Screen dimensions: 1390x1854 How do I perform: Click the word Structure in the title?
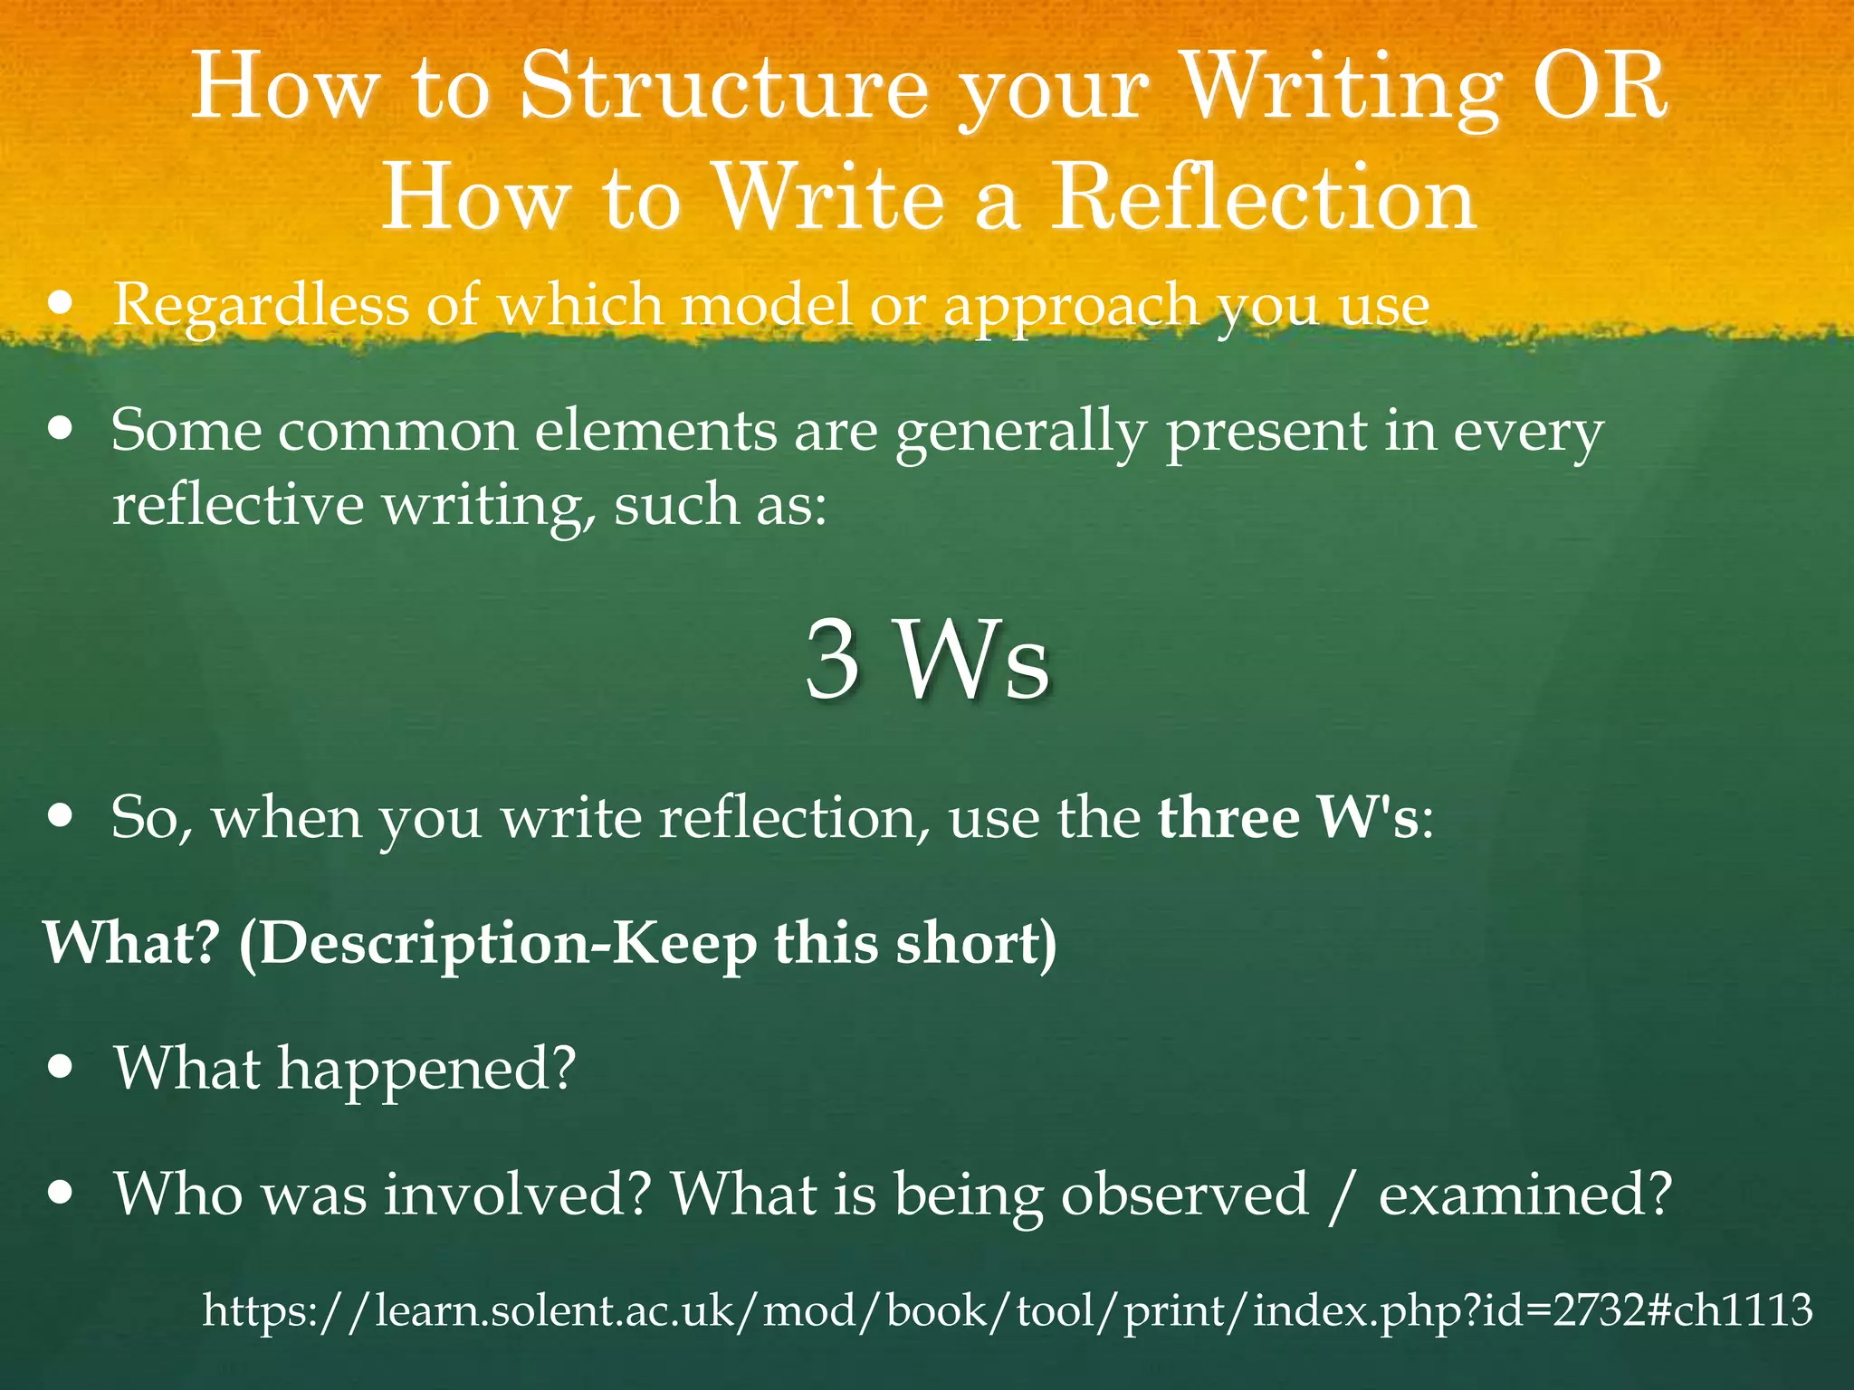click(x=724, y=88)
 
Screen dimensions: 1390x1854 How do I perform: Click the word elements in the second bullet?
click(x=655, y=431)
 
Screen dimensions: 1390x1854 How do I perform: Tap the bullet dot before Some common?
click(x=61, y=427)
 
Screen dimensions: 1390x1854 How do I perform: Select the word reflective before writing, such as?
click(x=237, y=505)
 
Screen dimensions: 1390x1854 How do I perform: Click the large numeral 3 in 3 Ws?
click(x=832, y=661)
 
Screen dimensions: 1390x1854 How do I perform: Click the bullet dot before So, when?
click(x=61, y=815)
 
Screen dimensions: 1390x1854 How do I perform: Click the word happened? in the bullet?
click(x=426, y=1071)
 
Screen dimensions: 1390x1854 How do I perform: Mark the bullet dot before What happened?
click(x=61, y=1067)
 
